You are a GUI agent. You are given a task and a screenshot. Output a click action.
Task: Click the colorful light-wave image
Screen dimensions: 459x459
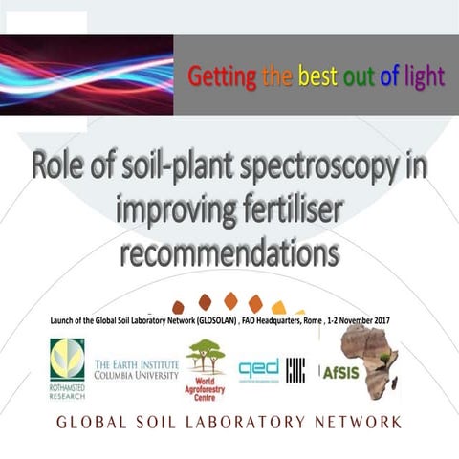pyautogui.click(x=86, y=75)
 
